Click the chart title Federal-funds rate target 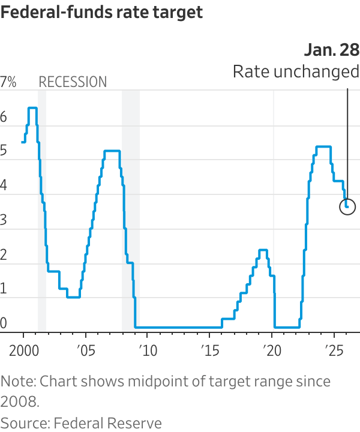click(x=102, y=13)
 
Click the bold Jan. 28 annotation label click(x=331, y=50)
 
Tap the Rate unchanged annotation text click(x=295, y=72)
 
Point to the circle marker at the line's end click(x=347, y=207)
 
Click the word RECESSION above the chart click(x=73, y=82)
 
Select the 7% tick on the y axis click(x=8, y=83)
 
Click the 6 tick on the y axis click(x=4, y=118)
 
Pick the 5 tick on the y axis click(x=4, y=152)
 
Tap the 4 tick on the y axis click(x=4, y=186)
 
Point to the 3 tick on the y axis click(x=4, y=220)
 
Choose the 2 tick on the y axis click(x=4, y=255)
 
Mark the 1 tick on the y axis click(x=4, y=289)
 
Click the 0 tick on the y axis click(x=4, y=323)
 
